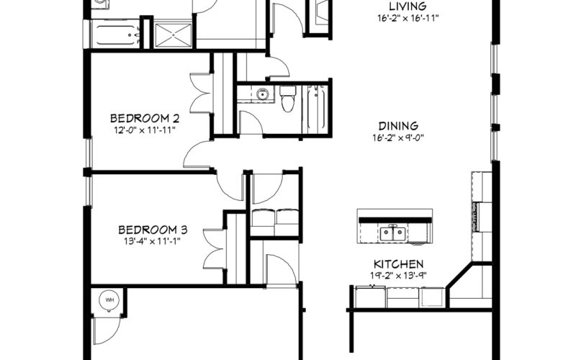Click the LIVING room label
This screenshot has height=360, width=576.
coord(408,6)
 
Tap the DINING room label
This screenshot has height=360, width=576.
coord(398,126)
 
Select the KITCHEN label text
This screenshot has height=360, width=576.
coord(398,264)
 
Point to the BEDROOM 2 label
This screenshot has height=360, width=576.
coord(145,118)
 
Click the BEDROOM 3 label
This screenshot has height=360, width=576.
coord(153,230)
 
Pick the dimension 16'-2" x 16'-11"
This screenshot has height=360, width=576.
coord(408,18)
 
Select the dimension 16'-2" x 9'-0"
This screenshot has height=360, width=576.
coord(398,138)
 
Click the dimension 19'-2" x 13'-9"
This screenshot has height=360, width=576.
coord(398,276)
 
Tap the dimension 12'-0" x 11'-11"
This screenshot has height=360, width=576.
coord(145,130)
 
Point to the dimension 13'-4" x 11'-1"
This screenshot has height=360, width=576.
coord(153,241)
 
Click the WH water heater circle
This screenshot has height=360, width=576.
coord(109,300)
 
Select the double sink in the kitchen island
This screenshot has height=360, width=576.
coord(392,233)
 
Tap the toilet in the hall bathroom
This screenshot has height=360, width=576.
coord(287,99)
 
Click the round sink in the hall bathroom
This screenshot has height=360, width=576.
coord(262,94)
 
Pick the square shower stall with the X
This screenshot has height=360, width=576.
coord(173,35)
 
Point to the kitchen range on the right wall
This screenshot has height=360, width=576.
coord(477,217)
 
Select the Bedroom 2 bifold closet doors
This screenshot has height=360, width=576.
coord(201,94)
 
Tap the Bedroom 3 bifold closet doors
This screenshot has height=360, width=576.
coord(214,249)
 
